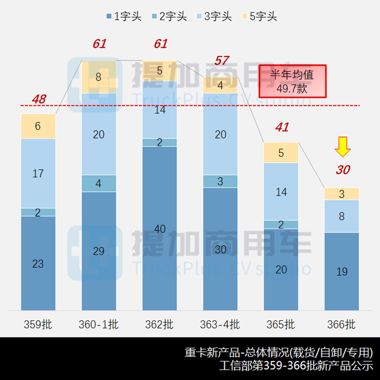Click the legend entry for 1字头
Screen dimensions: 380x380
pyautogui.click(x=124, y=17)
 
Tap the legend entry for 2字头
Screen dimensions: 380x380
pyautogui.click(x=169, y=17)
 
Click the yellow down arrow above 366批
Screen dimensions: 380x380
pyautogui.click(x=343, y=147)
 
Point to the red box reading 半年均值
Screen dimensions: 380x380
pyautogui.click(x=292, y=81)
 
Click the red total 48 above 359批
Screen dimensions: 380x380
pyautogui.click(x=39, y=99)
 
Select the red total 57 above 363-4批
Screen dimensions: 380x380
pyautogui.click(x=221, y=60)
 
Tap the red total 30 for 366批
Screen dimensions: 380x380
pyautogui.click(x=343, y=170)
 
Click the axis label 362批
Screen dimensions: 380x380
pyautogui.click(x=160, y=325)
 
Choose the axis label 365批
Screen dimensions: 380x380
pyautogui.click(x=281, y=325)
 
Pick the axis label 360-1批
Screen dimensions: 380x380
pyautogui.click(x=99, y=325)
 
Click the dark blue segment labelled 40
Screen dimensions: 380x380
pyautogui.click(x=160, y=228)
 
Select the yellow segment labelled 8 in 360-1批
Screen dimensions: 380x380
pyautogui.click(x=99, y=77)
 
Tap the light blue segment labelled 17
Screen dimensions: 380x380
pyautogui.click(x=38, y=173)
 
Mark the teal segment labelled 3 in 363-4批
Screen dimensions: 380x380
pyautogui.click(x=220, y=181)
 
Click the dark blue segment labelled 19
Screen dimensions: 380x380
pyautogui.click(x=342, y=271)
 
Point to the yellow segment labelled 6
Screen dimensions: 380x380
pyautogui.click(x=38, y=126)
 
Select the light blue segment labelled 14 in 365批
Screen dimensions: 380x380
pyautogui.click(x=281, y=191)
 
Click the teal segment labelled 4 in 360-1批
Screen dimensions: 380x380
pyautogui.click(x=99, y=184)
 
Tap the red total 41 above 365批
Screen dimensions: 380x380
pyautogui.click(x=282, y=127)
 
